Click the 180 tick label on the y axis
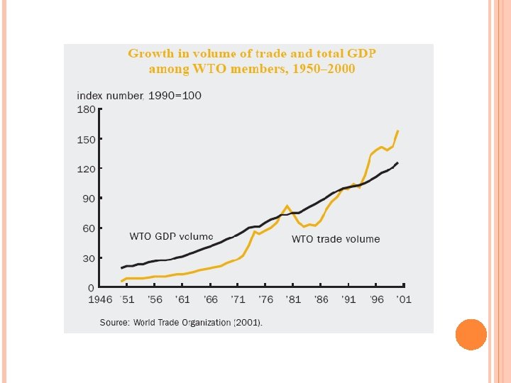tap(86, 109)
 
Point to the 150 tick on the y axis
tap(86, 140)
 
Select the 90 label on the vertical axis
tap(89, 199)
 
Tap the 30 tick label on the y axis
tap(89, 258)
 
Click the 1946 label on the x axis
tap(100, 299)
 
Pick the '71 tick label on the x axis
tap(238, 299)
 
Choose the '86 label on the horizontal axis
tap(321, 299)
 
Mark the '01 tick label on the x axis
tap(404, 299)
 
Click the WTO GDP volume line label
tap(171, 236)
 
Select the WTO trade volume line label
tap(336, 239)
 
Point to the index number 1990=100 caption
tap(139, 96)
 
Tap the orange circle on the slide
tap(471, 335)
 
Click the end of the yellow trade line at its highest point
tap(398, 131)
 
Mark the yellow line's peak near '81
tap(287, 206)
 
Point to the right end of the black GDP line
tap(397, 162)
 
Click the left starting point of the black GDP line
tap(121, 268)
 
